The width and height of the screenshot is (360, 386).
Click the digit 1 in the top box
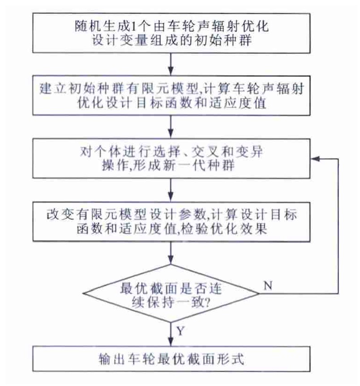pyautogui.click(x=133, y=26)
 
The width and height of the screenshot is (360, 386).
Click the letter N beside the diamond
pyautogui.click(x=268, y=285)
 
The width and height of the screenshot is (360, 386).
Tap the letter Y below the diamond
pyautogui.click(x=180, y=331)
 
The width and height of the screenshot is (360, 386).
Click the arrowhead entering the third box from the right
pyautogui.click(x=315, y=159)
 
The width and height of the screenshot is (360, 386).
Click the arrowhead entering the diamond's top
pyautogui.click(x=171, y=259)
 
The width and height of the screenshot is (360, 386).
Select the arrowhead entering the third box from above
pyautogui.click(x=171, y=134)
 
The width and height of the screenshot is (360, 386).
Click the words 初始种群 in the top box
pyautogui.click(x=223, y=40)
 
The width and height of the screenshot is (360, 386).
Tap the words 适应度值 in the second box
pyautogui.click(x=237, y=103)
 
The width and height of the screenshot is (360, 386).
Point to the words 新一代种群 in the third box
pyautogui.click(x=199, y=165)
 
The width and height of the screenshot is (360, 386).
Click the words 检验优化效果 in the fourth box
pyautogui.click(x=224, y=229)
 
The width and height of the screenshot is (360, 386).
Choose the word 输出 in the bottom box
pyautogui.click(x=112, y=359)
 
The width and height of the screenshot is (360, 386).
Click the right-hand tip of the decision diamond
pyautogui.click(x=259, y=293)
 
